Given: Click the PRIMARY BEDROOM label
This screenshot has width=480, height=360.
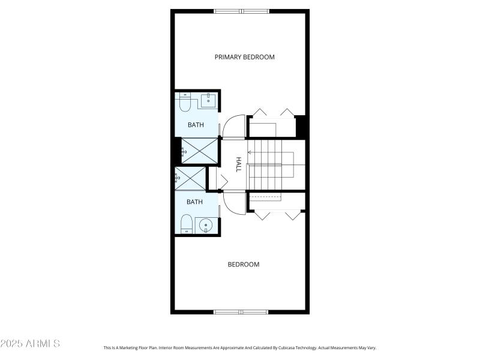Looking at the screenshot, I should (x=245, y=57).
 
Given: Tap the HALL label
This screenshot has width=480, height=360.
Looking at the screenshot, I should (x=238, y=165).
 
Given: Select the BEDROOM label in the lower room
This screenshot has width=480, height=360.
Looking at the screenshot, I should (x=244, y=265).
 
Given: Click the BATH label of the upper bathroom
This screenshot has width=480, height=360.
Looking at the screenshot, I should (x=196, y=125).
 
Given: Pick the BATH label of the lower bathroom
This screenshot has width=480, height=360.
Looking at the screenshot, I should (x=194, y=202).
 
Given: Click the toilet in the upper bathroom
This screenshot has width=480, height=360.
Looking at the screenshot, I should (x=185, y=105).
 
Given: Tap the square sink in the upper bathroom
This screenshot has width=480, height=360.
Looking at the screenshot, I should (x=208, y=100).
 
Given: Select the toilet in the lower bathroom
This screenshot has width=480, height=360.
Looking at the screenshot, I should (x=187, y=224).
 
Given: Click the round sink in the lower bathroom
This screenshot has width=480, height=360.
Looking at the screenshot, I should (x=206, y=226).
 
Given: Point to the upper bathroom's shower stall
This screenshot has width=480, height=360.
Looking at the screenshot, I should (x=199, y=150).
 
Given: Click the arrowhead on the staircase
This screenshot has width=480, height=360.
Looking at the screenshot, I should (x=250, y=152).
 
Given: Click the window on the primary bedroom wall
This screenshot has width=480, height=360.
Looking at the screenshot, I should (x=242, y=11).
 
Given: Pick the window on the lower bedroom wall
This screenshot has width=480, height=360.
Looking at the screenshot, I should (x=242, y=311).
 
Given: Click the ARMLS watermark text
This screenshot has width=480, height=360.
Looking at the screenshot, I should (x=30, y=344).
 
